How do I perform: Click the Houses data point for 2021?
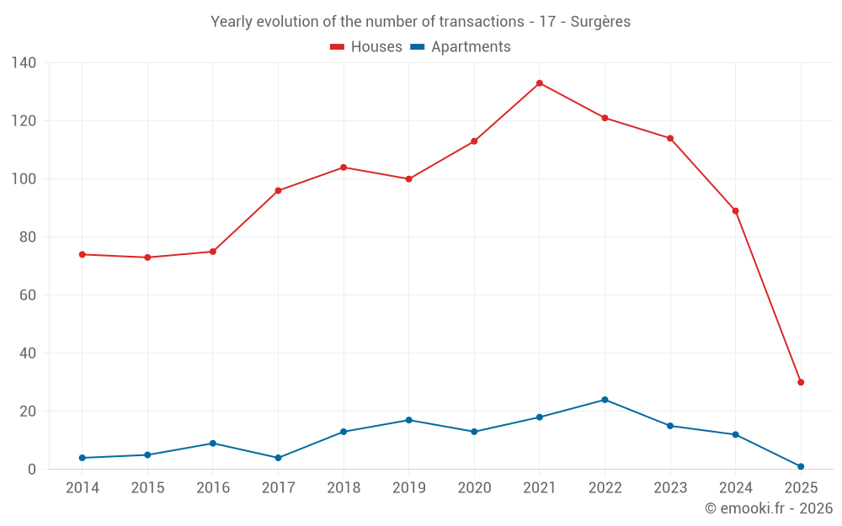[x=540, y=83]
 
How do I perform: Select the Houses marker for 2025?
[x=801, y=382]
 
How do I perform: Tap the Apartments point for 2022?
[x=605, y=400]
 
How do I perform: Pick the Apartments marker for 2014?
[x=83, y=458]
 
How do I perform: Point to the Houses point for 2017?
[x=278, y=191]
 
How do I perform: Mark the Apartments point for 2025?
[x=801, y=466]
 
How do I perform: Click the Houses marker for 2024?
[x=735, y=211]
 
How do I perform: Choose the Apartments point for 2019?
[x=408, y=420]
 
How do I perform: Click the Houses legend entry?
[x=366, y=47]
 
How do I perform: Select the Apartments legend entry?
[x=461, y=47]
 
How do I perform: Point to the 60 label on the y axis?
[x=29, y=295]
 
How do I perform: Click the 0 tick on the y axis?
[x=33, y=470]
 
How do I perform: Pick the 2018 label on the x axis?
[x=344, y=488]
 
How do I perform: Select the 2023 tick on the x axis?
[x=670, y=488]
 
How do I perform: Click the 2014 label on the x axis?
[x=83, y=488]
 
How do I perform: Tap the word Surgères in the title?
[x=600, y=22]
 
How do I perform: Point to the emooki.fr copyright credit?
[x=769, y=508]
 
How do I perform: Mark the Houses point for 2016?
[x=213, y=252]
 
